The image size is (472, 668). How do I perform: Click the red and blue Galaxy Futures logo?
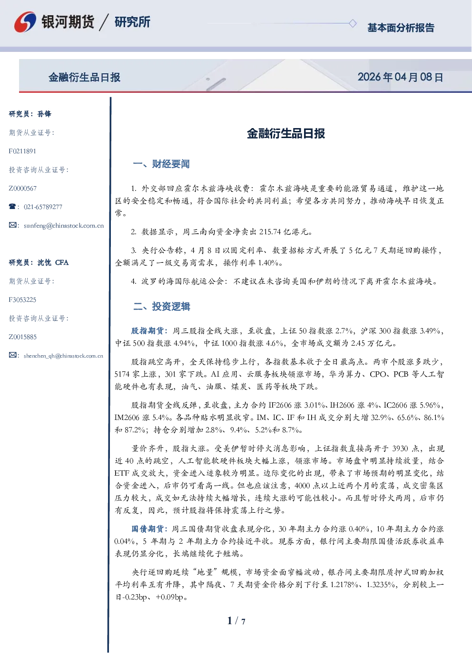tap(25, 22)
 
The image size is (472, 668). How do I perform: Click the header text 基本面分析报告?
tap(401, 28)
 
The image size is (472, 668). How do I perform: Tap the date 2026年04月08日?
tap(401, 77)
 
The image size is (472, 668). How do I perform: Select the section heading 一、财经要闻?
tap(161, 164)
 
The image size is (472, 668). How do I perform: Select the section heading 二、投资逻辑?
tap(161, 306)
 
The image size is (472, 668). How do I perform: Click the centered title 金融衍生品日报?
tap(286, 133)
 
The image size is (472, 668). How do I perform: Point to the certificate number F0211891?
tap(22, 151)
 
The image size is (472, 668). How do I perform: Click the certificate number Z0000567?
tap(23, 189)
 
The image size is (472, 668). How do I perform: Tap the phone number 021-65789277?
tap(43, 207)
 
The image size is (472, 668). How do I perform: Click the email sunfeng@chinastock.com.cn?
tap(64, 226)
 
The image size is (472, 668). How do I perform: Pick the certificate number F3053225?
tap(22, 299)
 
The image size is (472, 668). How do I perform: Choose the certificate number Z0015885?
tap(23, 337)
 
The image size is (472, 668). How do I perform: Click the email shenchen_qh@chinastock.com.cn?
tap(63, 356)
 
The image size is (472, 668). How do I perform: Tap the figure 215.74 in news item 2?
tap(270, 232)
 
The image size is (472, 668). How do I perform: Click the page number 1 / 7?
tap(236, 621)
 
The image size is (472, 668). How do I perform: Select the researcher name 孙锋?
tap(44, 114)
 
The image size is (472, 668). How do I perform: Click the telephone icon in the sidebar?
tap(12, 206)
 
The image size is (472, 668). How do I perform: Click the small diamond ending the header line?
tap(353, 23)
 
